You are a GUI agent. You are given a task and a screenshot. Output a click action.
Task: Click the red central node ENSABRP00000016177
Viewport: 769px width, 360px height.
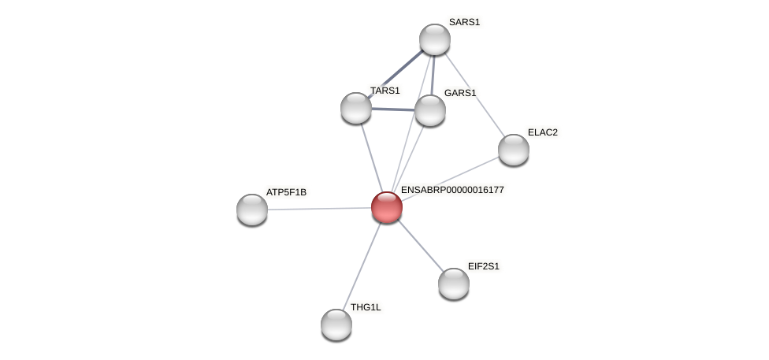[387, 207]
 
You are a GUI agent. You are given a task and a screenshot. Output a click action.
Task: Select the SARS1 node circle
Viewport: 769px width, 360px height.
[435, 39]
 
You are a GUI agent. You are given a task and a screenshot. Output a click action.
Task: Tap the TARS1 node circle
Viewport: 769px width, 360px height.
[356, 108]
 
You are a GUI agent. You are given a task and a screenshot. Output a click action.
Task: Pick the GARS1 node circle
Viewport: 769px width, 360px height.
[430, 110]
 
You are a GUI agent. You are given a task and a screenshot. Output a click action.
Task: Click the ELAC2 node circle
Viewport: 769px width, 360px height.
[514, 150]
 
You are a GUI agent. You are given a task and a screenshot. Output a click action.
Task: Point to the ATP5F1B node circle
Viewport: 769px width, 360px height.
[252, 210]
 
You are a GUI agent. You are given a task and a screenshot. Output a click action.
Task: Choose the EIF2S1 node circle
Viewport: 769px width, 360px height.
[454, 284]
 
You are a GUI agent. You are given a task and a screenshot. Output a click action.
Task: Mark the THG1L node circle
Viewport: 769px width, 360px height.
[336, 324]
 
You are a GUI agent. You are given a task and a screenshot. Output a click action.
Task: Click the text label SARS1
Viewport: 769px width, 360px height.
[464, 22]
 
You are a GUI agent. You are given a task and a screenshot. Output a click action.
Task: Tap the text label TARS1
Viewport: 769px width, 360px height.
[385, 91]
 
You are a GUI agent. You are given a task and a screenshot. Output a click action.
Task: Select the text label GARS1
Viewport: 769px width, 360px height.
[460, 93]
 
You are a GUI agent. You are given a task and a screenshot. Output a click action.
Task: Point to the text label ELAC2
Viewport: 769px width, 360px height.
[542, 132]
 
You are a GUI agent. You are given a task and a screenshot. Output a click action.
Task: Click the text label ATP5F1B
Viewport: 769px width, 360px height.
[286, 192]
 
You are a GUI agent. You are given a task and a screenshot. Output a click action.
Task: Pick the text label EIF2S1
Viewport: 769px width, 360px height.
[483, 266]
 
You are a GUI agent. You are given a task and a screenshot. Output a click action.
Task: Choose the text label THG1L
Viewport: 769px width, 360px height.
[366, 307]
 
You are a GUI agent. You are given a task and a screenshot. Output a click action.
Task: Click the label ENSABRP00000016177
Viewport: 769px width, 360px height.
[452, 190]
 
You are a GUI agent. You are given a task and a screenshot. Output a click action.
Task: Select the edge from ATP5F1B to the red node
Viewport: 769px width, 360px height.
[319, 209]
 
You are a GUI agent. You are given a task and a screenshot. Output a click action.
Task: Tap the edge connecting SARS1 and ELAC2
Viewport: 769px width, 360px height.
[474, 95]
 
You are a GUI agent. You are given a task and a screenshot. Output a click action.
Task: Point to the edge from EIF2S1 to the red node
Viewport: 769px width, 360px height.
[420, 245]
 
